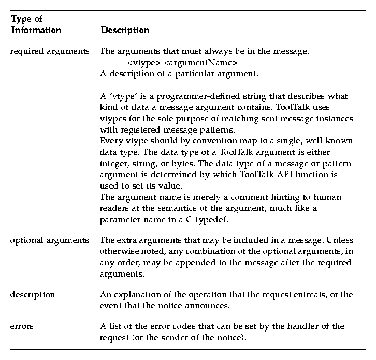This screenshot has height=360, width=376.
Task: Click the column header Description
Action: pos(125,30)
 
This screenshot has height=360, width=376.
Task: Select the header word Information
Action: pos(36,30)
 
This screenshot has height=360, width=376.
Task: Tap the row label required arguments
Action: pos(50,52)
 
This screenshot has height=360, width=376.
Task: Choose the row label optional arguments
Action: pos(50,241)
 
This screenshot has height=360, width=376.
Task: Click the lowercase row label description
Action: pos(33,294)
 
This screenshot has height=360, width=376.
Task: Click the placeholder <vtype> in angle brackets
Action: pos(143,63)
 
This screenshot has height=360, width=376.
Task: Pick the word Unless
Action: pos(341,241)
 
